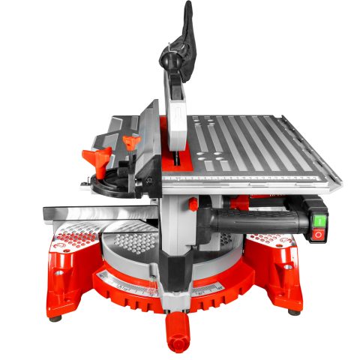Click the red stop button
(318, 235)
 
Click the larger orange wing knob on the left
(97, 158)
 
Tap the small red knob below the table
(193, 204)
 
